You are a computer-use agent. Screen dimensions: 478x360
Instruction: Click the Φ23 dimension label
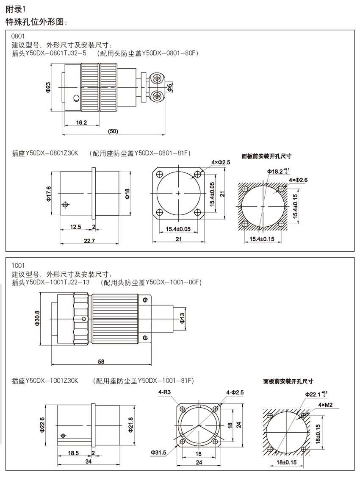point(48,87)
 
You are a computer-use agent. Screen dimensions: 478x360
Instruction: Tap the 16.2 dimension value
point(82,122)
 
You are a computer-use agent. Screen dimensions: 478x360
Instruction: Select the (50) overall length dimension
point(113,131)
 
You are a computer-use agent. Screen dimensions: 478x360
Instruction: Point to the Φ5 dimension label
point(170,88)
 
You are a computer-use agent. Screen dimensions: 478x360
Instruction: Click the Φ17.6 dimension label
point(49,193)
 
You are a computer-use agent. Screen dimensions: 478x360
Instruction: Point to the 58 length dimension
point(101,361)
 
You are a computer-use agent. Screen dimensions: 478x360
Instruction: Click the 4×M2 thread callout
point(325,404)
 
